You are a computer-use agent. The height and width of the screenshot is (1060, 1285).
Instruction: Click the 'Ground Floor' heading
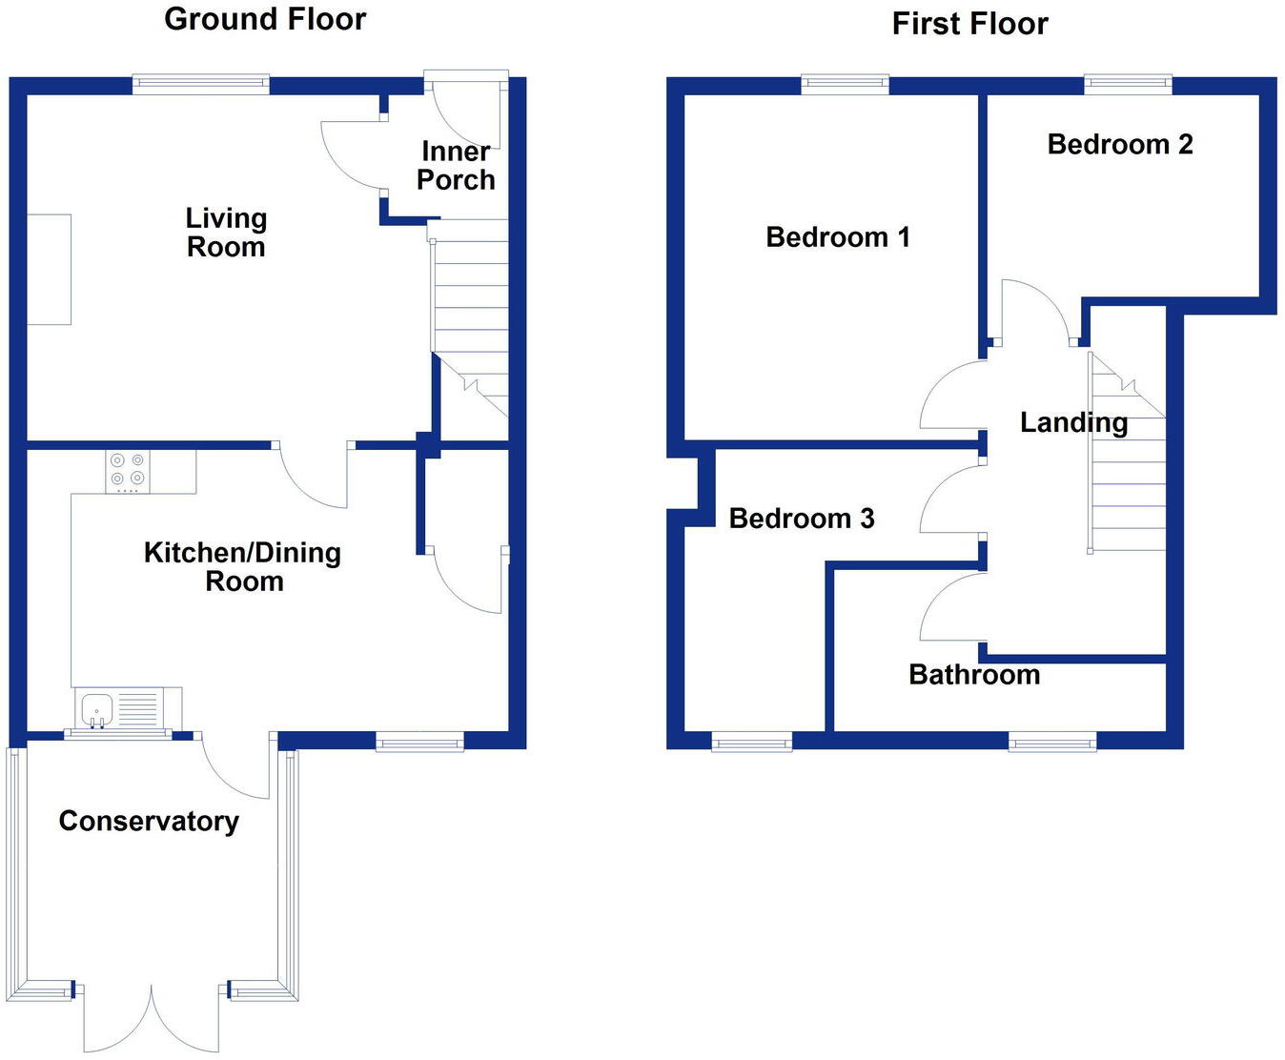(265, 19)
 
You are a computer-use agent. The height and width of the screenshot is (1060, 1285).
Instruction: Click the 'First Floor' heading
(969, 24)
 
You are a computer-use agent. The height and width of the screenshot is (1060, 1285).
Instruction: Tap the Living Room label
(226, 233)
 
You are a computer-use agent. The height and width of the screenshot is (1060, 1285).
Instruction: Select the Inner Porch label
(456, 166)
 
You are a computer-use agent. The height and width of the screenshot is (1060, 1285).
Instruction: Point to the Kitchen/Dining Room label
(243, 566)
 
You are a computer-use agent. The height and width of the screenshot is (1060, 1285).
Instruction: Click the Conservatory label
(149, 821)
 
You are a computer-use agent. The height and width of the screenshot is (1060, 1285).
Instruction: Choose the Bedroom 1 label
(838, 236)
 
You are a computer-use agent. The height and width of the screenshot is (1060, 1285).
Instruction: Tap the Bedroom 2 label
(1120, 144)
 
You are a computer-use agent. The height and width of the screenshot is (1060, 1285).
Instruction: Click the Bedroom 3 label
(802, 519)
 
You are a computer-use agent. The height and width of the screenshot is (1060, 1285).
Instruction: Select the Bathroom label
(974, 675)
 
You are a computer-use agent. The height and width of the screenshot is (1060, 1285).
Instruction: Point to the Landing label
(1073, 422)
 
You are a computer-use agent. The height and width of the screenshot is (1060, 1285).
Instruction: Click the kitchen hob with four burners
(128, 471)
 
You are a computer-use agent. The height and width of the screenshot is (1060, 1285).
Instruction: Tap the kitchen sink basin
(97, 709)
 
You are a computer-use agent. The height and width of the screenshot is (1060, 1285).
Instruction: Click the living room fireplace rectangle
(49, 270)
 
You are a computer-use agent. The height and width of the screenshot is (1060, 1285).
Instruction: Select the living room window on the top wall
(201, 84)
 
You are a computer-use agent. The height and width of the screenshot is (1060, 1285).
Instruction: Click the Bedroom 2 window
(1128, 84)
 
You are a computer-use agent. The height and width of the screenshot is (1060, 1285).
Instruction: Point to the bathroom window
(1052, 741)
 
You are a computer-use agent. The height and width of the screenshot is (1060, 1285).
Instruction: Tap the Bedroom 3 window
(752, 741)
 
